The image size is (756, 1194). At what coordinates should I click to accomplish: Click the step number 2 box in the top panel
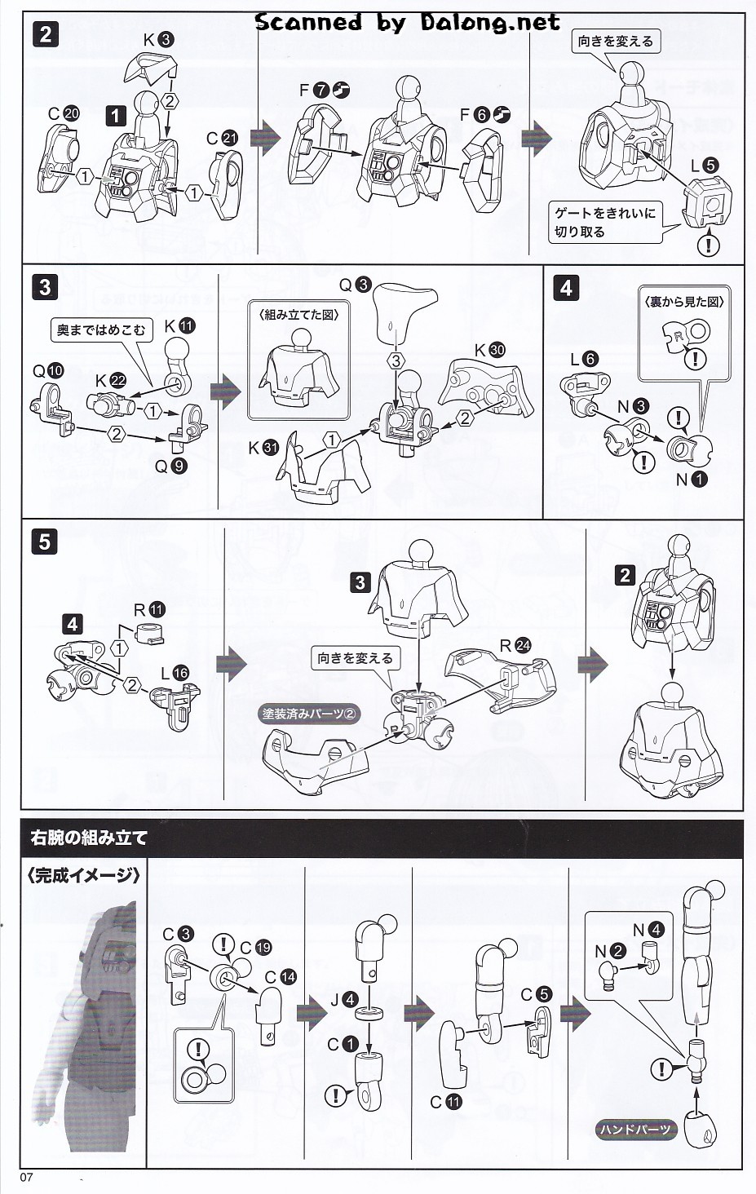coord(46,35)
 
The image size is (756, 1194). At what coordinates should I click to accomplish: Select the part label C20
coord(63,114)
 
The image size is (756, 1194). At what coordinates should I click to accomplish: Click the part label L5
coord(704,166)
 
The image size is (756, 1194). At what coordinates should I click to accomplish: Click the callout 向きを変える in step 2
coord(616,41)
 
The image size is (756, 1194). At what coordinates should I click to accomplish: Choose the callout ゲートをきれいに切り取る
coord(604,222)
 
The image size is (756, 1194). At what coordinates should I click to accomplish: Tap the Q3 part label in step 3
coord(355,285)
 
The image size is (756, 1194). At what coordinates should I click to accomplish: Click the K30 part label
coord(489,350)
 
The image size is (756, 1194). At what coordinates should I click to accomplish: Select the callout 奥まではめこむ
coord(100,330)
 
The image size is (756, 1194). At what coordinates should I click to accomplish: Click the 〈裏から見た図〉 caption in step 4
coord(684,301)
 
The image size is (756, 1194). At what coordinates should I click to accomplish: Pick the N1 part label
coord(691,480)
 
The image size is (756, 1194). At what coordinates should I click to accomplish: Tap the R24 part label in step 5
coord(515,646)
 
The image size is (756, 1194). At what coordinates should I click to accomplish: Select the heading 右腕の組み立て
coord(89,838)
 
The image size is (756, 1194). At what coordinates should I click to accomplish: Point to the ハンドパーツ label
coord(636,1130)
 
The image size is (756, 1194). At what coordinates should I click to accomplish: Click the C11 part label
coord(446,1102)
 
